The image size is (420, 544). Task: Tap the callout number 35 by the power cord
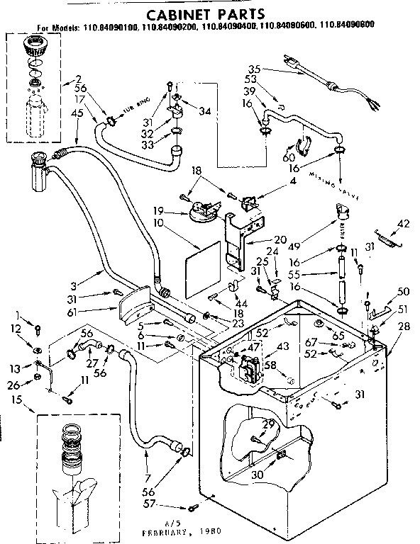(255, 69)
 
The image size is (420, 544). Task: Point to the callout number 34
(206, 110)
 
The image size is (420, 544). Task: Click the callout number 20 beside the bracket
(259, 239)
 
